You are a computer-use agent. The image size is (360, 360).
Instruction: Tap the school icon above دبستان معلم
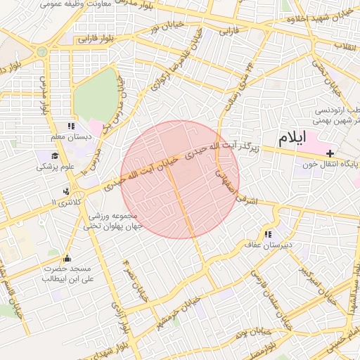[x=70, y=126]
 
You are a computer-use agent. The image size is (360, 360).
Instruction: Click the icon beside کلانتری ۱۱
[x=66, y=191]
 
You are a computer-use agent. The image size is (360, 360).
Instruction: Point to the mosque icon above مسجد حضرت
[x=66, y=258]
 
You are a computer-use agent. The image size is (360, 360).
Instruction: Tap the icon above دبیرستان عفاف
[x=268, y=234]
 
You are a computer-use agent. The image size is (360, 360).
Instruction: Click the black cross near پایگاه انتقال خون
[x=330, y=153]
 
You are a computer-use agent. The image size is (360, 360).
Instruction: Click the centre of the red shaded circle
[x=180, y=179]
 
